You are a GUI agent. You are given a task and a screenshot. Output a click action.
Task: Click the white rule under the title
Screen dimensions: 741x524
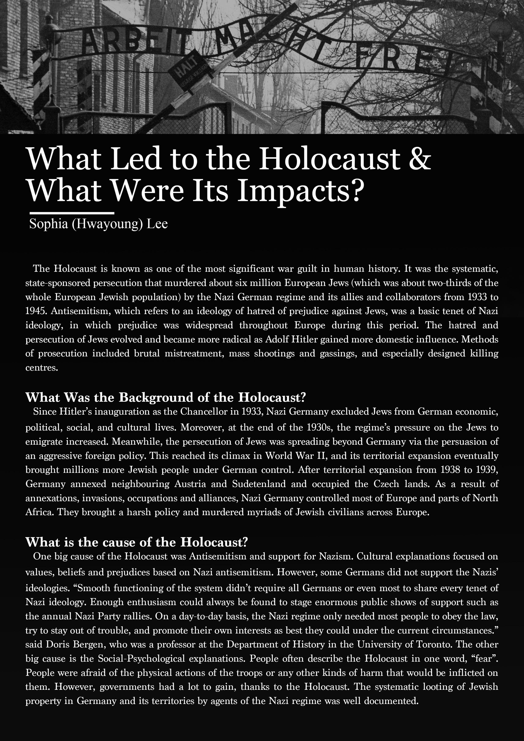(72, 213)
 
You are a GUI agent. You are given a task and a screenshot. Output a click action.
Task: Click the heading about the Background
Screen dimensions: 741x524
(165, 397)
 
